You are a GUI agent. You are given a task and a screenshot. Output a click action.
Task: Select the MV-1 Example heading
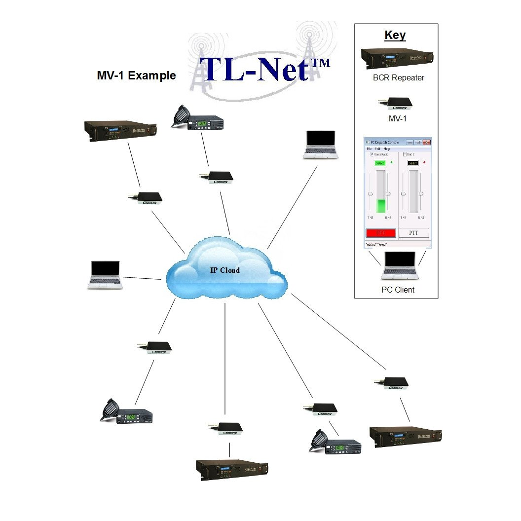(137, 75)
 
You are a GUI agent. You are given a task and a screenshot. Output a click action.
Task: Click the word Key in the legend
(395, 36)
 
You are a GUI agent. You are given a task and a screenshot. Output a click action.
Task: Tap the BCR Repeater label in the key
(399, 78)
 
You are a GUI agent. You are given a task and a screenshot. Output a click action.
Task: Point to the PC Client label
(398, 290)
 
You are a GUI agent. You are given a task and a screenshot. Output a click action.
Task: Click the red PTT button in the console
(380, 233)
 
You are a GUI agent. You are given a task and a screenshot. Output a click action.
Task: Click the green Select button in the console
(380, 163)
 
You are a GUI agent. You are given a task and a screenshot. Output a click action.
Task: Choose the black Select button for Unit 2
(412, 163)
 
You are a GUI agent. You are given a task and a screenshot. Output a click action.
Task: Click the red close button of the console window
(427, 142)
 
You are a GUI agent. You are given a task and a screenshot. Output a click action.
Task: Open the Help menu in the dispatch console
(387, 149)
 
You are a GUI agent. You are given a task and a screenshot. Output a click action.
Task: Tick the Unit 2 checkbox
(406, 154)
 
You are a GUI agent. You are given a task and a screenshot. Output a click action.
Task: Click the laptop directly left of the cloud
(105, 275)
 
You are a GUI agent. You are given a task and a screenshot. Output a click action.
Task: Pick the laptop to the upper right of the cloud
(321, 145)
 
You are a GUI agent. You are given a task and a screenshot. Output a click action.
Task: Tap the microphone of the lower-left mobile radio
(110, 409)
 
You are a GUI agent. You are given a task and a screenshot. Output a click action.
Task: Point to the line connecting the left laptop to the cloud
(143, 278)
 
